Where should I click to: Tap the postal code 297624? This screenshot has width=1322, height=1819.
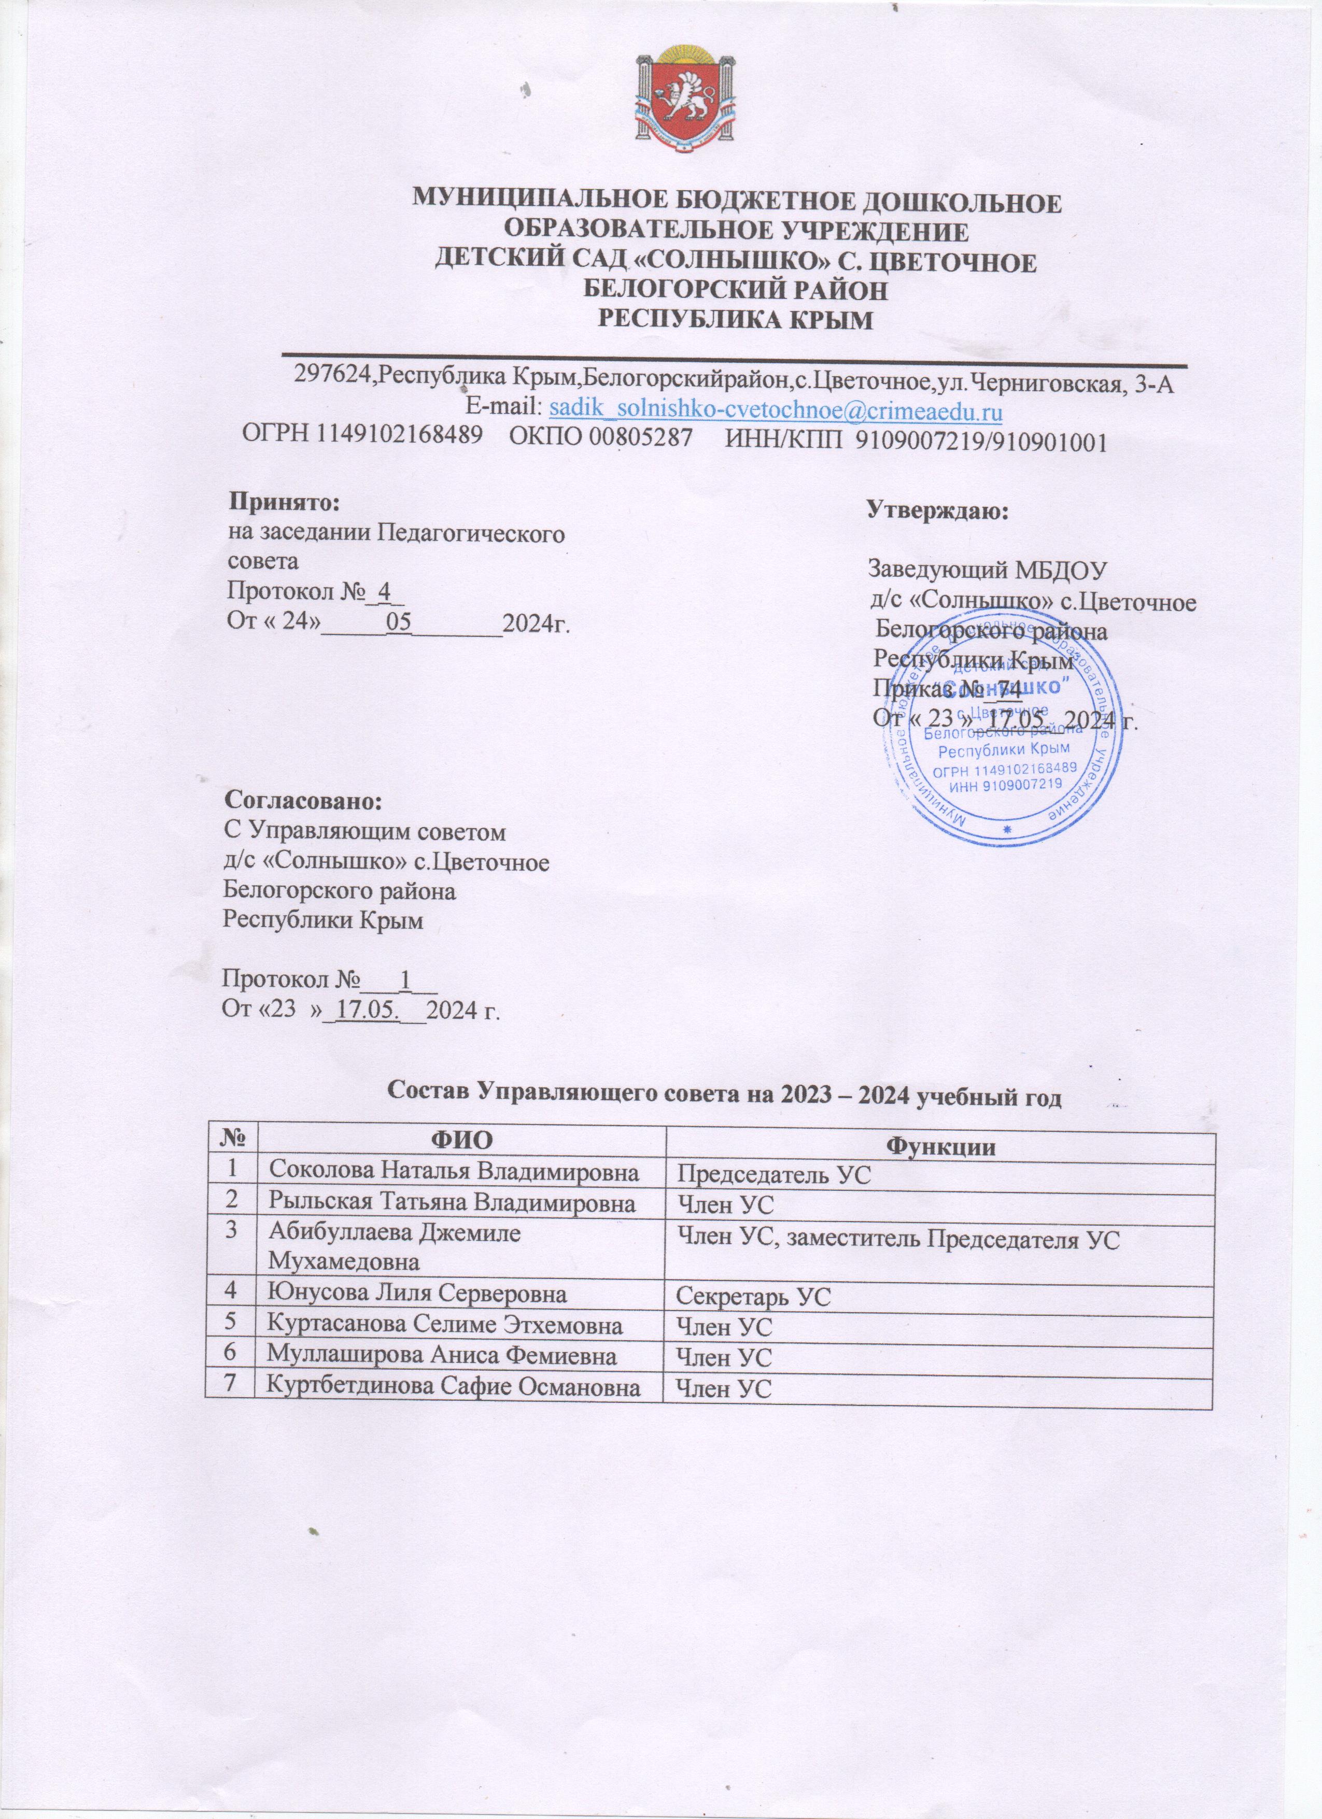334,382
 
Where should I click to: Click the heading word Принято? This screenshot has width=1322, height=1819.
285,502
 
